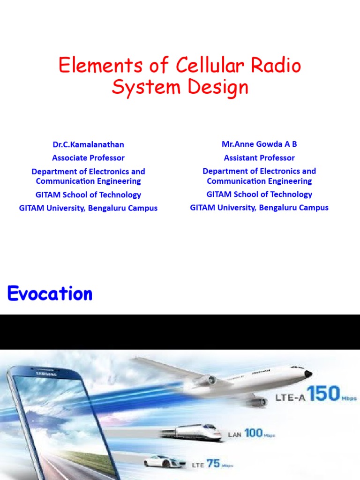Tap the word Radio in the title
click(276, 66)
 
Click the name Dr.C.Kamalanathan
click(88, 144)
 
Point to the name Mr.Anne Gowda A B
click(259, 144)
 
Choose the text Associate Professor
click(88, 158)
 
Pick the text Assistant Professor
click(259, 158)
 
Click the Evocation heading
click(50, 294)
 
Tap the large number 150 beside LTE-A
click(320, 394)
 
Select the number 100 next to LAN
click(253, 433)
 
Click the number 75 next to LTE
click(213, 464)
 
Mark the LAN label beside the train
click(235, 435)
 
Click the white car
click(163, 461)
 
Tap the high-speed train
click(192, 433)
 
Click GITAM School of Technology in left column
click(88, 195)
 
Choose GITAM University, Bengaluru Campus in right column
click(259, 207)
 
